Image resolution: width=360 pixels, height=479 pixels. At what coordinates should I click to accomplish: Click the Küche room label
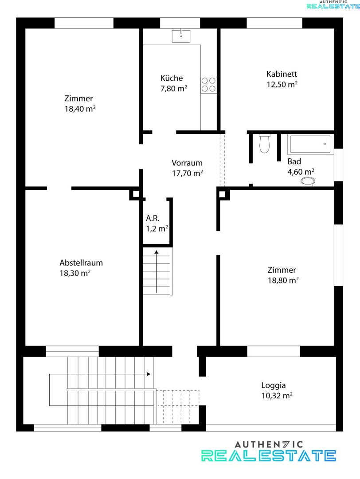click(x=172, y=78)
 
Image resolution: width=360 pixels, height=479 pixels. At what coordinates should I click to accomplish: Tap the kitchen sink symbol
click(x=181, y=35)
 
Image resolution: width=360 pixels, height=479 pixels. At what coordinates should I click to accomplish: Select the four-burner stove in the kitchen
click(x=208, y=85)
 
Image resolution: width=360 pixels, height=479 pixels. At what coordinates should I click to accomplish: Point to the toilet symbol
click(x=264, y=143)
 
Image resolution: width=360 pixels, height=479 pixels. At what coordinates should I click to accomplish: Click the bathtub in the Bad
click(x=310, y=144)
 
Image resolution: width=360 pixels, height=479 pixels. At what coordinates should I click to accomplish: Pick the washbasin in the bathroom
click(x=308, y=181)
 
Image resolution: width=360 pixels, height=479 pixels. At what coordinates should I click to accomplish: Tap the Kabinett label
click(x=282, y=74)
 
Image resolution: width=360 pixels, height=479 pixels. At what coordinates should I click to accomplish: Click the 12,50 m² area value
click(x=282, y=84)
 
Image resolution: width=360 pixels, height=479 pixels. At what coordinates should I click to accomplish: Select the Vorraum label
click(x=187, y=163)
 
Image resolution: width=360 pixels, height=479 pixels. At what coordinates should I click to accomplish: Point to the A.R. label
click(x=153, y=218)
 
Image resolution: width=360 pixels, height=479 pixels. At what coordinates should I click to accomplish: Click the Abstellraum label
click(x=81, y=263)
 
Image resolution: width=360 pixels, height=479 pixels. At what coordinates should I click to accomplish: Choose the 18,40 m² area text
click(x=80, y=109)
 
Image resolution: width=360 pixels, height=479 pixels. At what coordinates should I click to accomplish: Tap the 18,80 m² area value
click(x=283, y=280)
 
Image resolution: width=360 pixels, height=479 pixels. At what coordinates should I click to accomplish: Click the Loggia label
click(x=274, y=385)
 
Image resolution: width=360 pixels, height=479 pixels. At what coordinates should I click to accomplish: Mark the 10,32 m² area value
click(x=277, y=396)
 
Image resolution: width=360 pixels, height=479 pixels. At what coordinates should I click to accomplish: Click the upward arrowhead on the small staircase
click(x=157, y=252)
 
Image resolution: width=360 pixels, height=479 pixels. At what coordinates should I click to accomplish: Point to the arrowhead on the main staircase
click(x=149, y=374)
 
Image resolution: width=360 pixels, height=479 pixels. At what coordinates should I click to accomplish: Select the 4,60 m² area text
click(x=301, y=172)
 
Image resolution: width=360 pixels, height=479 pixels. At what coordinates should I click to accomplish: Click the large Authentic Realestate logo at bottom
click(x=269, y=451)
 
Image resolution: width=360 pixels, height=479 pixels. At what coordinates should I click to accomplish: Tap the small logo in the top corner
click(x=333, y=4)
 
